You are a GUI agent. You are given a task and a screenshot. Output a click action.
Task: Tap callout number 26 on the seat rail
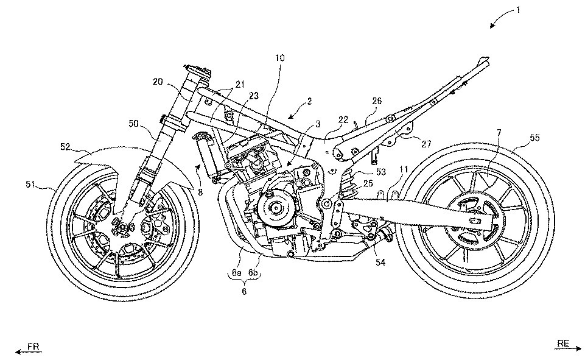pyautogui.click(x=376, y=101)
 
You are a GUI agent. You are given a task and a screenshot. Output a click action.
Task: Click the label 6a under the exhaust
pyautogui.click(x=234, y=275)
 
